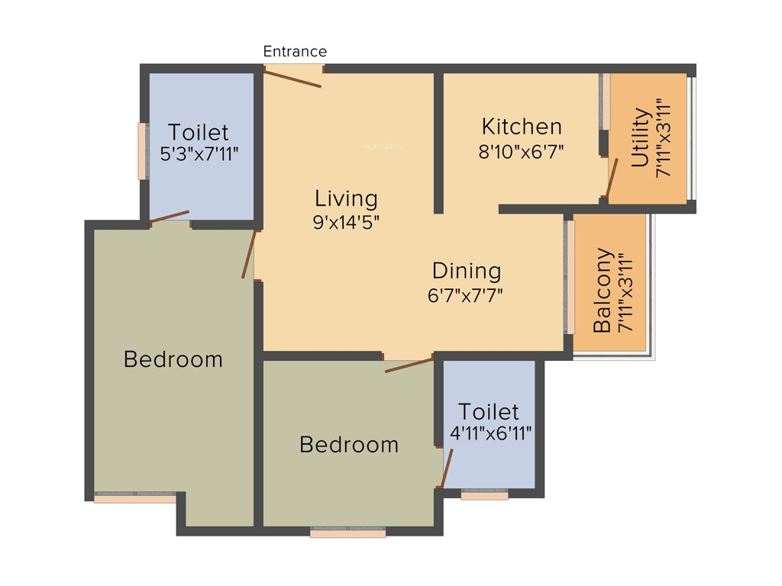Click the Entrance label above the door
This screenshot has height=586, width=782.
295,52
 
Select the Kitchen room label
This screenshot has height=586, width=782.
522,126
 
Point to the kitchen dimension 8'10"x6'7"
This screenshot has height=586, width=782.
522,150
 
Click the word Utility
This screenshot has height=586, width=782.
641,138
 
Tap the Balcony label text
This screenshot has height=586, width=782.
603,290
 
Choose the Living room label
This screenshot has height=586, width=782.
346,198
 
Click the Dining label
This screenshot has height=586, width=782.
467,271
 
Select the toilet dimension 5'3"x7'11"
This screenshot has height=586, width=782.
199,153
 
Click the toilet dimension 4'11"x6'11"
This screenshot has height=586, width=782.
490,433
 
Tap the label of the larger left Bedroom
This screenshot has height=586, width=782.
173,359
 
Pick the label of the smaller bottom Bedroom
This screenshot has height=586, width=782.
349,444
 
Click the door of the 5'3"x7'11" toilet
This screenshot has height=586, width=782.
170,217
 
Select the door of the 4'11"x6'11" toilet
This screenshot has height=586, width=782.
446,468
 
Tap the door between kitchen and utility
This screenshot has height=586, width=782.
612,178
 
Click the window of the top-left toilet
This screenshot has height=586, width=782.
142,151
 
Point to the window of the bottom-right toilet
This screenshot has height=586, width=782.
485,494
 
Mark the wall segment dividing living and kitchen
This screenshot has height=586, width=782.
439,143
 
